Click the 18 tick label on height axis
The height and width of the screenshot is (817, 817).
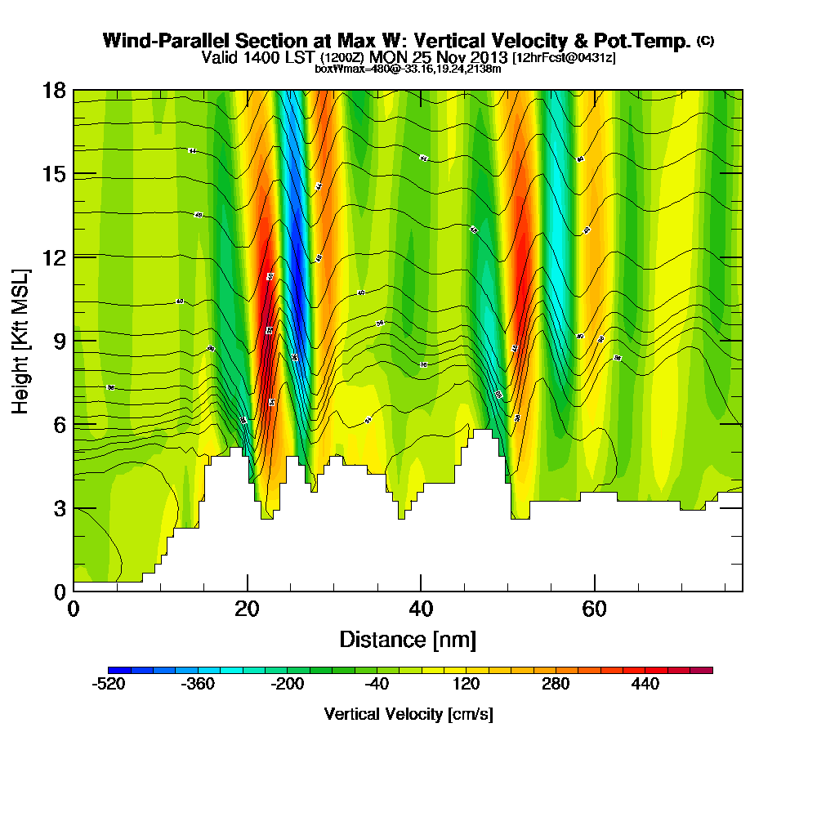tap(55, 91)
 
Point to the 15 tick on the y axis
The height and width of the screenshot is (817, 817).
tap(55, 174)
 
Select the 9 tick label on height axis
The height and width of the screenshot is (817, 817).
tap(59, 341)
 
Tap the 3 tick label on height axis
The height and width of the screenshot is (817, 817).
tap(59, 507)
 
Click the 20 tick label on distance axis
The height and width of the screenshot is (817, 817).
tap(247, 609)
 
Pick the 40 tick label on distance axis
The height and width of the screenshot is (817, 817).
tap(420, 609)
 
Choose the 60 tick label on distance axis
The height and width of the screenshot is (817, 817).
tap(594, 609)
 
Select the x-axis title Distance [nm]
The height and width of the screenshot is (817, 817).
tap(408, 639)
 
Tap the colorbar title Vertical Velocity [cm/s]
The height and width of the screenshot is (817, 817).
tap(408, 714)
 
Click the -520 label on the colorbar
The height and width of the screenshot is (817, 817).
tap(109, 685)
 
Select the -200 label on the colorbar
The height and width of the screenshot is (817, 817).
tap(288, 685)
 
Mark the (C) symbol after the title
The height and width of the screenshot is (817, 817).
tap(705, 40)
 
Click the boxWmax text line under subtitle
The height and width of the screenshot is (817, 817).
tap(408, 69)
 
